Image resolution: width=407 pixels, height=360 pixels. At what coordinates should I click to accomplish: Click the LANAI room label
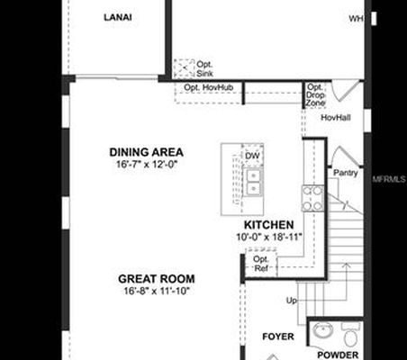pos(117,17)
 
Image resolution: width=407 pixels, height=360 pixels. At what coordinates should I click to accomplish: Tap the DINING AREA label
pos(146,152)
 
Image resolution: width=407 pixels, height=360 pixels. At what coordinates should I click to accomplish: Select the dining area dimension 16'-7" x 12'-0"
pos(146,165)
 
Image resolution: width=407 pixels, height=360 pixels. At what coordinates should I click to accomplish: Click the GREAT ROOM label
pos(159,279)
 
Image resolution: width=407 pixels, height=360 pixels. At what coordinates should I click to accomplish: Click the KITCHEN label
pos(268,225)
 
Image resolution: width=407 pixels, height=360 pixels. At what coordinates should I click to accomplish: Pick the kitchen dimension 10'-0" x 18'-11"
pos(268,238)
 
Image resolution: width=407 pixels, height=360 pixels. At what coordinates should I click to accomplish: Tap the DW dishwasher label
pos(252,156)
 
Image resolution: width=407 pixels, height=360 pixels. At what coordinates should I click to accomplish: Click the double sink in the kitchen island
pos(253,183)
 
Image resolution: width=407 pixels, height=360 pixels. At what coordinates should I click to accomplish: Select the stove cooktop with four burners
pos(312,198)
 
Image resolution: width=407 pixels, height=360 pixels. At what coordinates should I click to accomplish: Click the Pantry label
pos(346,172)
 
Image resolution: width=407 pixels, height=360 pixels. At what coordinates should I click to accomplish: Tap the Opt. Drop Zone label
pos(315,95)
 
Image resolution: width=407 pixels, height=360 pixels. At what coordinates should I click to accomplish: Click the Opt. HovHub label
pos(206,87)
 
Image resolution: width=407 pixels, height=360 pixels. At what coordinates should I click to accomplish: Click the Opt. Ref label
pos(260,263)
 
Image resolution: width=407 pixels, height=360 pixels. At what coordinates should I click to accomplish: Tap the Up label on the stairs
pos(291,300)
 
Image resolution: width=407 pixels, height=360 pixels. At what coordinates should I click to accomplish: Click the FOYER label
pos(278,337)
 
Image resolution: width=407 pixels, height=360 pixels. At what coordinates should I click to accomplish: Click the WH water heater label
pos(356,17)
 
